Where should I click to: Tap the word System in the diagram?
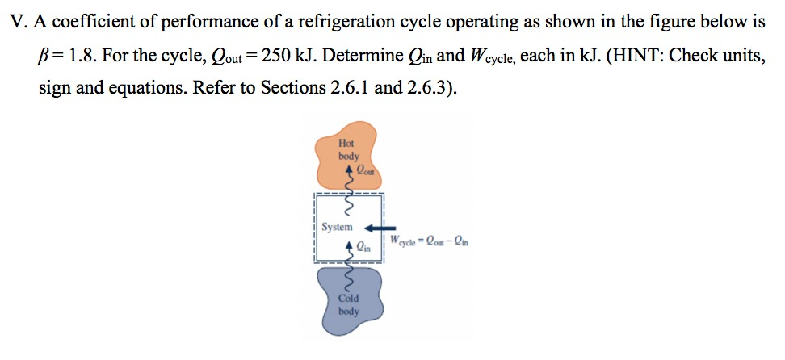337,227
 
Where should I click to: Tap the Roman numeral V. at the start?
19,20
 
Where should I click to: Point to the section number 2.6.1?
348,87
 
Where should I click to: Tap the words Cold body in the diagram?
349,304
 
